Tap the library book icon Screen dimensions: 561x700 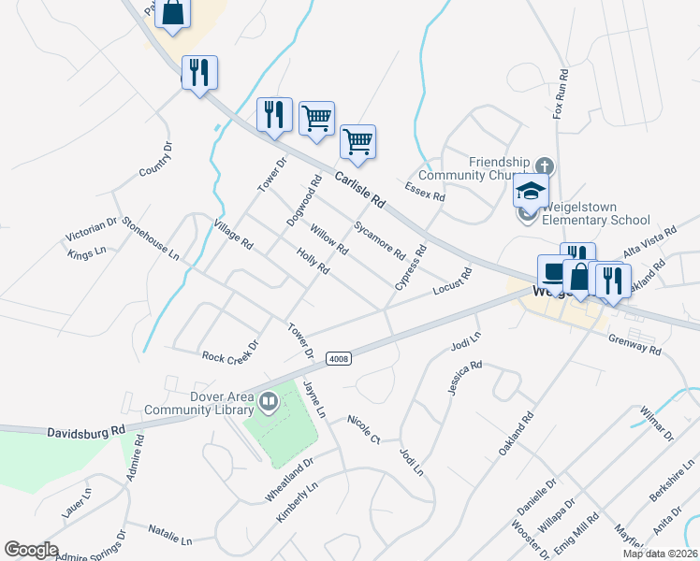(269, 402)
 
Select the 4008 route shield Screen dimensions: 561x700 (338, 359)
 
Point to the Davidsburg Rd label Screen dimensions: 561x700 (86, 431)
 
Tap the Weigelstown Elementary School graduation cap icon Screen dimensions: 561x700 (531, 192)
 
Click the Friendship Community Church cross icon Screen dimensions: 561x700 (546, 166)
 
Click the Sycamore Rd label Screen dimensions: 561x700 (379, 240)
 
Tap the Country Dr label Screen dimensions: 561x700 (156, 159)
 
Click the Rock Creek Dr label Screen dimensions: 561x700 (229, 356)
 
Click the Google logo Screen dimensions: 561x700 (31, 550)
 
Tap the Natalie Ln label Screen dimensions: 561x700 (169, 534)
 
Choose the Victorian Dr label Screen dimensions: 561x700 (92, 231)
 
